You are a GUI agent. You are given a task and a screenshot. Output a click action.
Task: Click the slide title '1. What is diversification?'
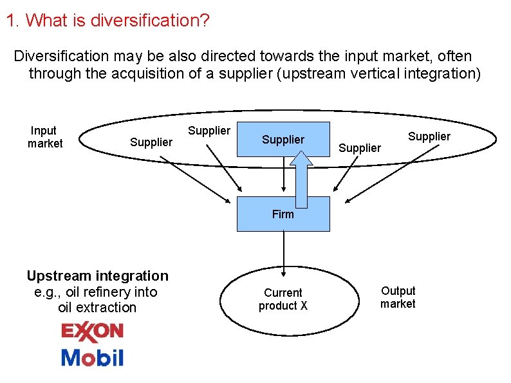pyautogui.click(x=107, y=21)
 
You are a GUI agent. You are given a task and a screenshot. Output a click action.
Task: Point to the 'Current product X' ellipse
pyautogui.click(x=283, y=299)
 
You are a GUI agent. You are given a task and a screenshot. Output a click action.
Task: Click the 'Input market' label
pyautogui.click(x=44, y=137)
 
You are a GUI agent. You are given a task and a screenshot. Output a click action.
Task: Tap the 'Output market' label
pyautogui.click(x=398, y=297)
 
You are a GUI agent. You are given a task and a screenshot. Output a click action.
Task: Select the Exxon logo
pyautogui.click(x=92, y=332)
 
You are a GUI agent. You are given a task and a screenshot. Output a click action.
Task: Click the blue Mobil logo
pyautogui.click(x=92, y=357)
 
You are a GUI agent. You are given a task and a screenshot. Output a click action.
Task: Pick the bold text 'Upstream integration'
pyautogui.click(x=97, y=276)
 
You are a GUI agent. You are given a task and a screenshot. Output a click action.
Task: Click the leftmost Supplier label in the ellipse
pyautogui.click(x=151, y=142)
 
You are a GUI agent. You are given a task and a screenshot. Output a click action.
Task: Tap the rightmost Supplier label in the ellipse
pyautogui.click(x=429, y=136)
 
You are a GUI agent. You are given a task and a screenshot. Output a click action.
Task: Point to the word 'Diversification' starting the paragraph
pyautogui.click(x=62, y=56)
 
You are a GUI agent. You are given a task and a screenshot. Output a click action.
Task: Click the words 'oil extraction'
pyautogui.click(x=97, y=307)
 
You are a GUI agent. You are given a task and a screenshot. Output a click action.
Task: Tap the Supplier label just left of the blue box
pyautogui.click(x=209, y=131)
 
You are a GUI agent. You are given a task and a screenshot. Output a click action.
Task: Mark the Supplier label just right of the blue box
pyautogui.click(x=360, y=148)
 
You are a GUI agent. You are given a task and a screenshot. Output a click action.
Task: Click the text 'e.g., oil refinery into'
pyautogui.click(x=95, y=292)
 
